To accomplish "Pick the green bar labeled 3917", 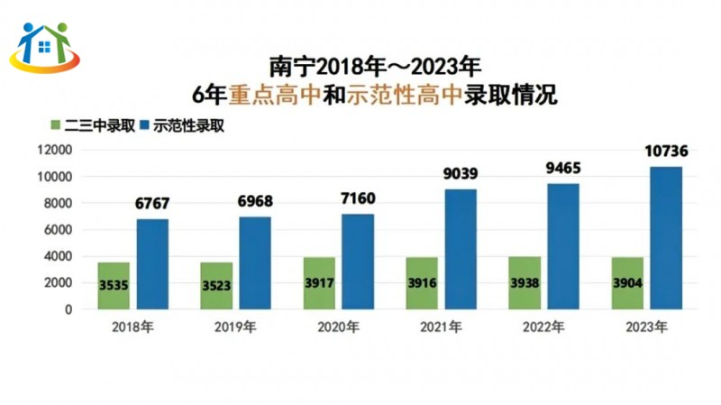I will tap(320, 283).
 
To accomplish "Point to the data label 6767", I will tap(152, 203).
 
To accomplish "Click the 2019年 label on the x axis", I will tap(235, 326).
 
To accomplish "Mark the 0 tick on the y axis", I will tap(68, 309).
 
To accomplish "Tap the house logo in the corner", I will tap(44, 45).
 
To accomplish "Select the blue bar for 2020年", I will tap(358, 262).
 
